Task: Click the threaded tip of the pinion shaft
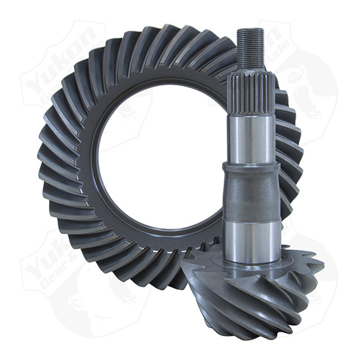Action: [x=249, y=48]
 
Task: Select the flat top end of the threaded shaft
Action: [x=249, y=30]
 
